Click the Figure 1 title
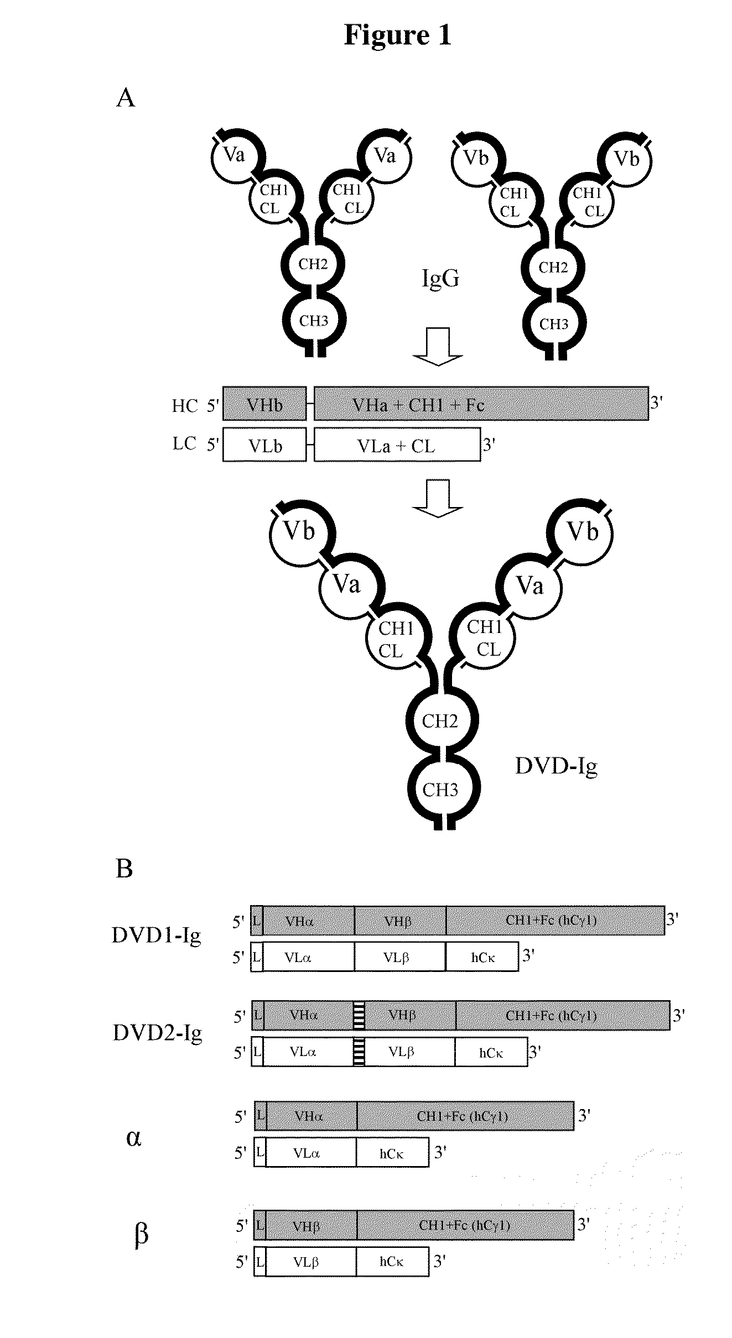[397, 35]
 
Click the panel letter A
[126, 98]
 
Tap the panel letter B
[124, 869]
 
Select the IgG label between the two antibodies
[440, 278]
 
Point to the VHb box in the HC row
[264, 405]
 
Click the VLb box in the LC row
[264, 445]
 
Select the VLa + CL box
[397, 445]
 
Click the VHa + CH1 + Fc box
[481, 405]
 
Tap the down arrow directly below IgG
[438, 347]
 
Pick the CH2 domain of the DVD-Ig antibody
[440, 721]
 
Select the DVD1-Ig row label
[156, 935]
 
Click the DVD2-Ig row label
[158, 1032]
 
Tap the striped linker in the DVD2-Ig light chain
[359, 1052]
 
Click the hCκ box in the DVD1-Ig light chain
[482, 957]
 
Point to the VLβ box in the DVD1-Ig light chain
[399, 957]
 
